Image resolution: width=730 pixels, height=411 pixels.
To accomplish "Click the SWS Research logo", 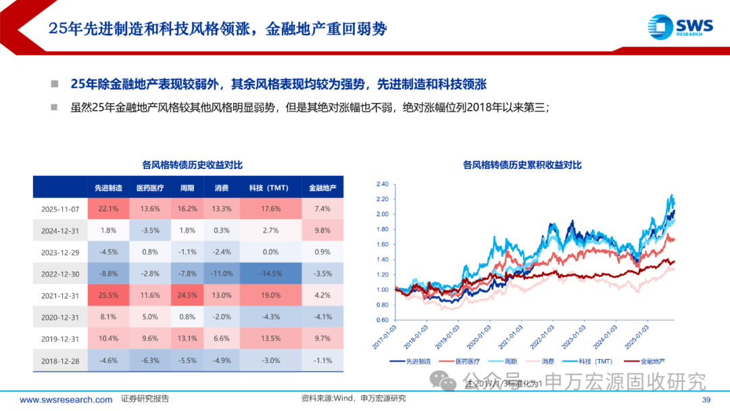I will point(679,27).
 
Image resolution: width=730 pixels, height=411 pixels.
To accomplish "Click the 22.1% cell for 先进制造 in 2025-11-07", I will point(109,209).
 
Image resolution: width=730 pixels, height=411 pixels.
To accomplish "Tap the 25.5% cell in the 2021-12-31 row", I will point(109,295).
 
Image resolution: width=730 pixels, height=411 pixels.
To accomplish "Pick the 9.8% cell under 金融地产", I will point(322,231).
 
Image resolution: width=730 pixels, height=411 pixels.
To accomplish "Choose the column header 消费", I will point(221,187).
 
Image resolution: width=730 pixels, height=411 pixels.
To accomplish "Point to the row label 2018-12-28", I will point(60,360).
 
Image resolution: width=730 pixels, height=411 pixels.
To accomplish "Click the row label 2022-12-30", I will point(60,274).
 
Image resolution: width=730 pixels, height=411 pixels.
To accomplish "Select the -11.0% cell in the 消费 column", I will point(221,274).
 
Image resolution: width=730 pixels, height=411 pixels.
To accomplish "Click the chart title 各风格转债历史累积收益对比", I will point(521,164).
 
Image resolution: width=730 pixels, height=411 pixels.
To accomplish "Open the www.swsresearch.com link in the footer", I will point(66,400).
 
